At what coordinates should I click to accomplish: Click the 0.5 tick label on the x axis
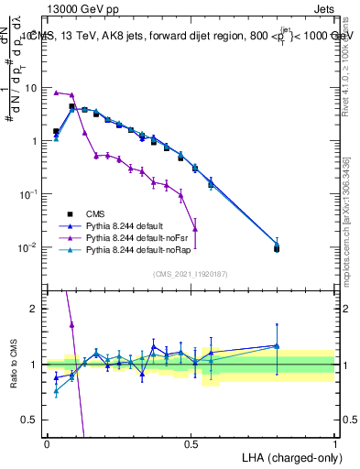pos(191,443)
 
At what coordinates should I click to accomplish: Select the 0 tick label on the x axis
pos(47,443)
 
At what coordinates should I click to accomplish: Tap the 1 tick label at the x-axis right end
pos(335,443)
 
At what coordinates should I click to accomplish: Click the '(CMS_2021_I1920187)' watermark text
pos(191,274)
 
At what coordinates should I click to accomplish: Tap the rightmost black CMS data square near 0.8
pos(277,248)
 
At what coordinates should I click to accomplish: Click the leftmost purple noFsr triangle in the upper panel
pos(56,93)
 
